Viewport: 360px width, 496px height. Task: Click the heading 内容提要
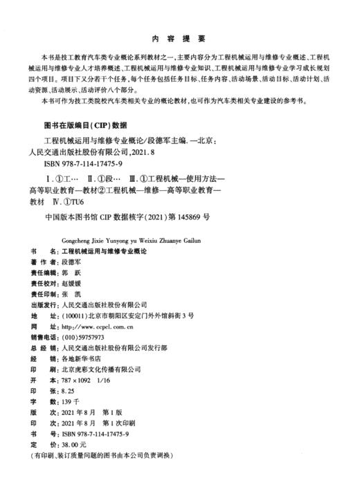[180, 39]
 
